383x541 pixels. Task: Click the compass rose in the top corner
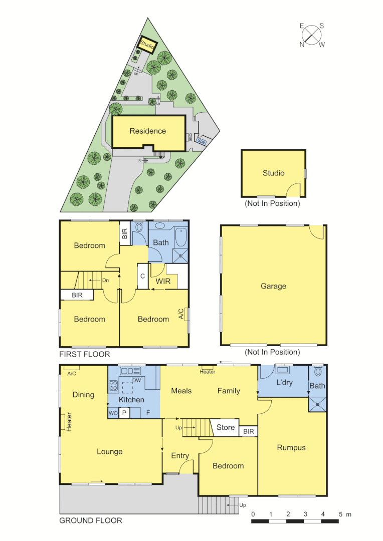pos(312,35)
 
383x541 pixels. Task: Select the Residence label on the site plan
pos(147,131)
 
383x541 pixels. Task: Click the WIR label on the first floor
pos(163,282)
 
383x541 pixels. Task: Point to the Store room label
pos(225,427)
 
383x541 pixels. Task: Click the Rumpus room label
pos(291,447)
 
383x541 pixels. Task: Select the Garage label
pos(273,286)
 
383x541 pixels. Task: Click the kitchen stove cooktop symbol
pos(113,386)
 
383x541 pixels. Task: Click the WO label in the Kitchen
pos(113,413)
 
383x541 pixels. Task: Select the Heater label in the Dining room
pos(69,421)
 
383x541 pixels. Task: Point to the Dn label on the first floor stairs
pos(105,281)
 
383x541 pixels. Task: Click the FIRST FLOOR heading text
pos(84,354)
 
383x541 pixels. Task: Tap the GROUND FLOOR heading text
pos(90,520)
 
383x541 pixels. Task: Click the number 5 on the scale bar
pos(340,514)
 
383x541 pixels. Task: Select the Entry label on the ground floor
pos(180,456)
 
